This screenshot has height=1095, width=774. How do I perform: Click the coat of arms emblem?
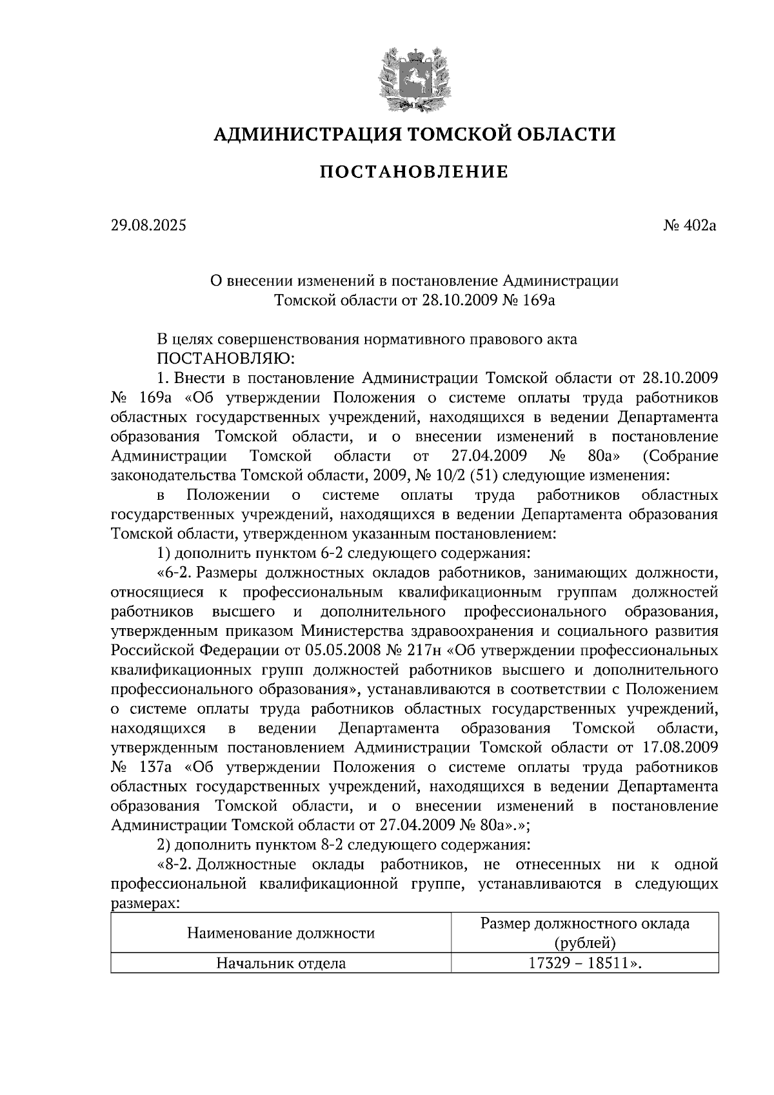[x=413, y=78]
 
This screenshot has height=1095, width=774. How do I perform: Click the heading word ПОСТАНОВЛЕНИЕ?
[x=414, y=172]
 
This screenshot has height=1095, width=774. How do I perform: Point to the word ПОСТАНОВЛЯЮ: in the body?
[x=226, y=358]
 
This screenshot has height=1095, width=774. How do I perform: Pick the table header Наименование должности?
[x=281, y=932]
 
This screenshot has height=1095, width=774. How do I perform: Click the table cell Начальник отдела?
[x=281, y=963]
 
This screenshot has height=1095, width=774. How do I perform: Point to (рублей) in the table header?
[x=585, y=943]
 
